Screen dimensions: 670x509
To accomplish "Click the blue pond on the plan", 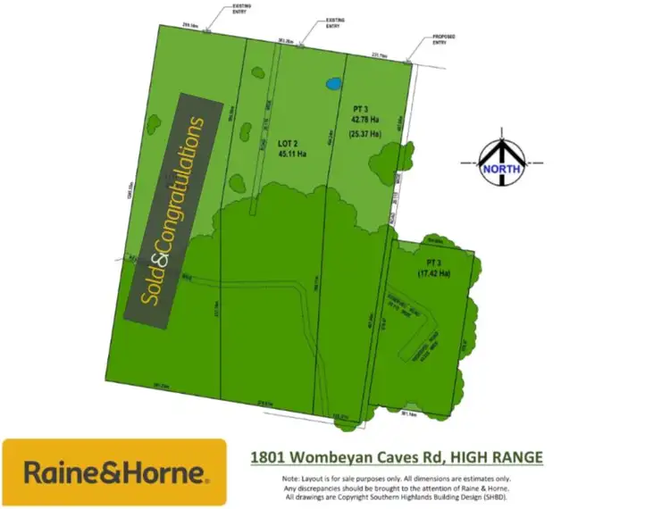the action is [x=333, y=84].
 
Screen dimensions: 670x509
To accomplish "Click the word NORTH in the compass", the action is [x=500, y=167].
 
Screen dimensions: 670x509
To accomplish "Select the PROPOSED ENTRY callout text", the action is [x=444, y=38].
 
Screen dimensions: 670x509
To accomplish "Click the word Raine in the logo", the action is [x=56, y=472].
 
